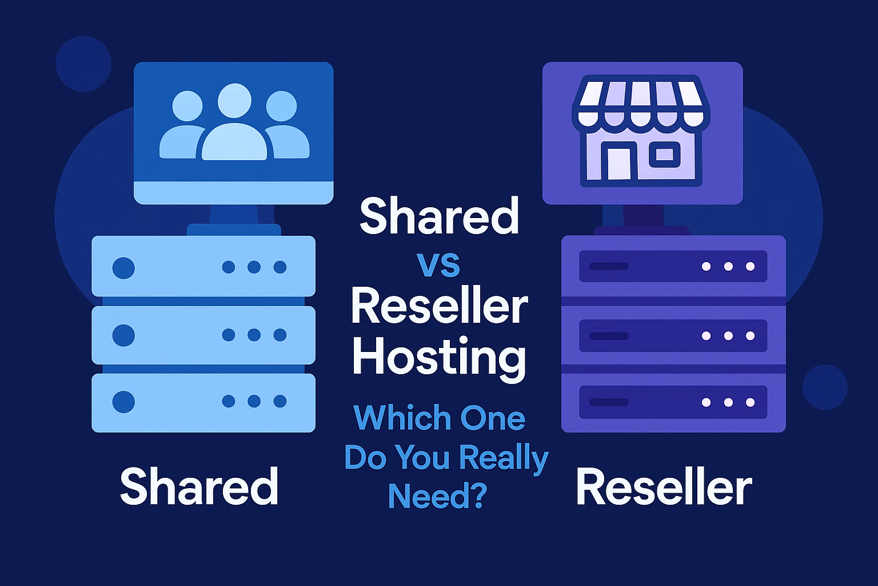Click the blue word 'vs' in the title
[438, 266]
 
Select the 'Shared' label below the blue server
[199, 486]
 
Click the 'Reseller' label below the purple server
[664, 488]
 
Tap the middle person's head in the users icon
[234, 101]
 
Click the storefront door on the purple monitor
[618, 163]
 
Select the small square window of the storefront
[664, 155]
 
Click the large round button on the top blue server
[123, 267]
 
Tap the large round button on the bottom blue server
[123, 402]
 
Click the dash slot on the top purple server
[609, 267]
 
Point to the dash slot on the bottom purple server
[609, 402]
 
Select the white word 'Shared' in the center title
[439, 216]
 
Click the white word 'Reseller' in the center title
[439, 307]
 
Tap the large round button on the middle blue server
[123, 335]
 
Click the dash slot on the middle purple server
[609, 336]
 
